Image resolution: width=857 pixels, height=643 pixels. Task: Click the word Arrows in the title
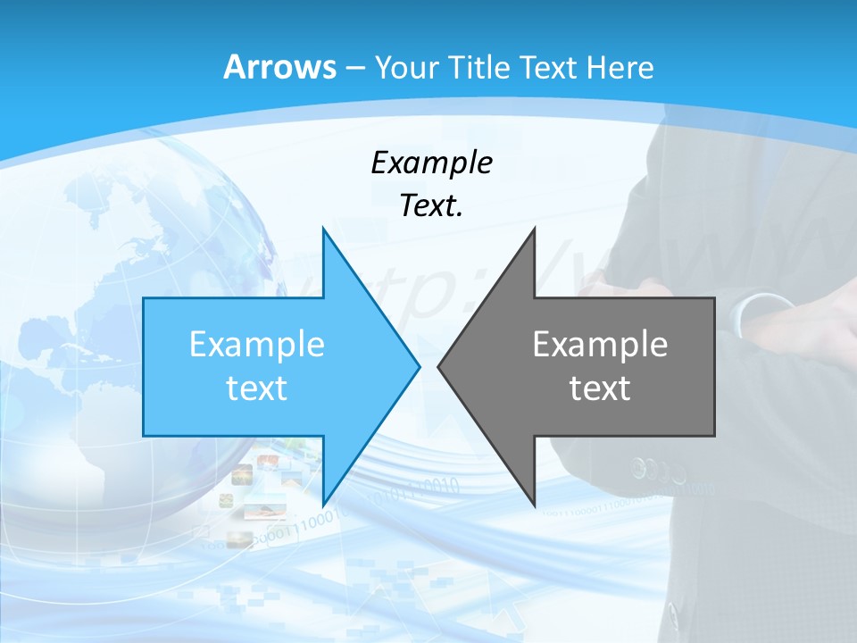click(x=279, y=68)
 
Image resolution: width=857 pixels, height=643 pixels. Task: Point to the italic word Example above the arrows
click(x=431, y=163)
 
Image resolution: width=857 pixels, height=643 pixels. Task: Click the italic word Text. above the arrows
click(x=431, y=206)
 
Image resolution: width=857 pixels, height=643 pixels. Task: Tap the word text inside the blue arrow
click(x=257, y=388)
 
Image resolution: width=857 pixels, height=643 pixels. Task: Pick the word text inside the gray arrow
click(x=600, y=388)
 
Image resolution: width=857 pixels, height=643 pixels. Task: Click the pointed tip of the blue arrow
click(x=419, y=366)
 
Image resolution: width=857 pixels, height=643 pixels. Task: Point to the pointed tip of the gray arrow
click(x=439, y=366)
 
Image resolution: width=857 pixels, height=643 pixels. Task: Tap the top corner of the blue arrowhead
click(x=323, y=229)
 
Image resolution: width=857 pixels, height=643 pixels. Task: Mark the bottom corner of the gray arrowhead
click(x=535, y=505)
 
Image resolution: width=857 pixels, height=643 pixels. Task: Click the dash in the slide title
click(x=354, y=68)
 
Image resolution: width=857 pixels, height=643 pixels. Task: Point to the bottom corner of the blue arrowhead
click(x=323, y=505)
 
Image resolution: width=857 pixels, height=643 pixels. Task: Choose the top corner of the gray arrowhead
click(x=535, y=229)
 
